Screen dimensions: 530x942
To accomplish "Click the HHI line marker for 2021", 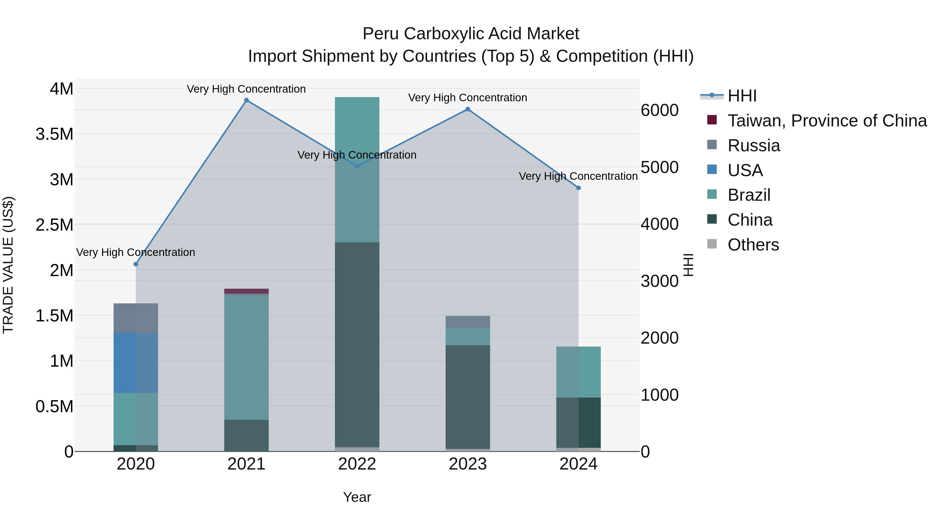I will point(246,100).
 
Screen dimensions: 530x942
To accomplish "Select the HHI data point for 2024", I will point(578,188).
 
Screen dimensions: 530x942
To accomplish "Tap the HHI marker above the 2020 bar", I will point(136,264).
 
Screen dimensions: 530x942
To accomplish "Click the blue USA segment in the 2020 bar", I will point(136,363).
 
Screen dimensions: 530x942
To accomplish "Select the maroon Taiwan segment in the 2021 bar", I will point(246,291).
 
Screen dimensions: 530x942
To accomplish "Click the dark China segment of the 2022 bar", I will point(357,344).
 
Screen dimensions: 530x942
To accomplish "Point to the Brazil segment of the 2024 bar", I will point(578,372).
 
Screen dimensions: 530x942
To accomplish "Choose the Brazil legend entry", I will point(749,195).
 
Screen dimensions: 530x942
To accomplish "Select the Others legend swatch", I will point(712,244).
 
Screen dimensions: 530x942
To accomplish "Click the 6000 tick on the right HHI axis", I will point(660,110).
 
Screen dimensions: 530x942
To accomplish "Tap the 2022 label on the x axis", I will point(357,464).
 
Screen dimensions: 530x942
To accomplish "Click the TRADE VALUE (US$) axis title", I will point(8,265).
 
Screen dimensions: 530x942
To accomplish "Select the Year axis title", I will point(357,497).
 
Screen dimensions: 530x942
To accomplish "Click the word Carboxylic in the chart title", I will point(443,34).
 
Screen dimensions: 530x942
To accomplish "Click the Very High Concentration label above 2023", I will point(467,98).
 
